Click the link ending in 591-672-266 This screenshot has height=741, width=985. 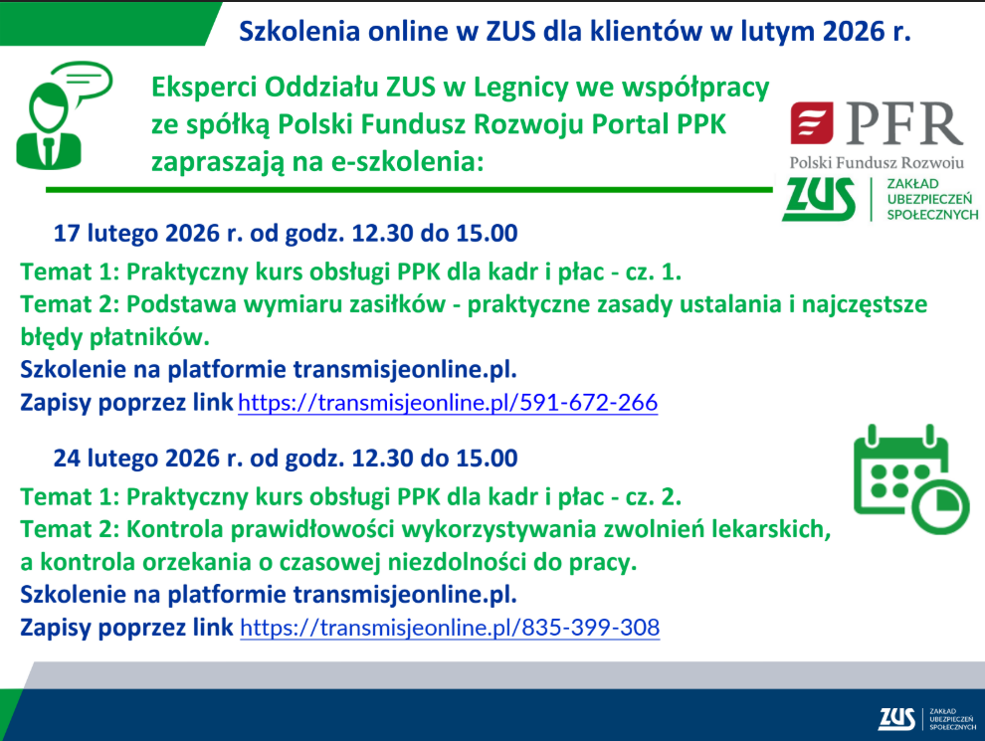pyautogui.click(x=448, y=403)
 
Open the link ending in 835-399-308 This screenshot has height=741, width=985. pyautogui.click(x=450, y=628)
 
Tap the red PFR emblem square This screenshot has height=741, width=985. pyautogui.click(x=812, y=123)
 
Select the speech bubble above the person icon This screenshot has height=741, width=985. pyautogui.click(x=82, y=82)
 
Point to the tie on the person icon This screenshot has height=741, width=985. pyautogui.click(x=49, y=149)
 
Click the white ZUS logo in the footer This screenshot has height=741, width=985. pyautogui.click(x=897, y=718)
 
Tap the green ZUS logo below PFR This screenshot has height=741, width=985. pyautogui.click(x=819, y=199)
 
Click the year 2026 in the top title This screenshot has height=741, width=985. pyautogui.click(x=853, y=32)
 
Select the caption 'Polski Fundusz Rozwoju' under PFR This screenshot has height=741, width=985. pyautogui.click(x=877, y=163)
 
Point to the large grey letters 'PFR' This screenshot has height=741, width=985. pyautogui.click(x=904, y=123)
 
